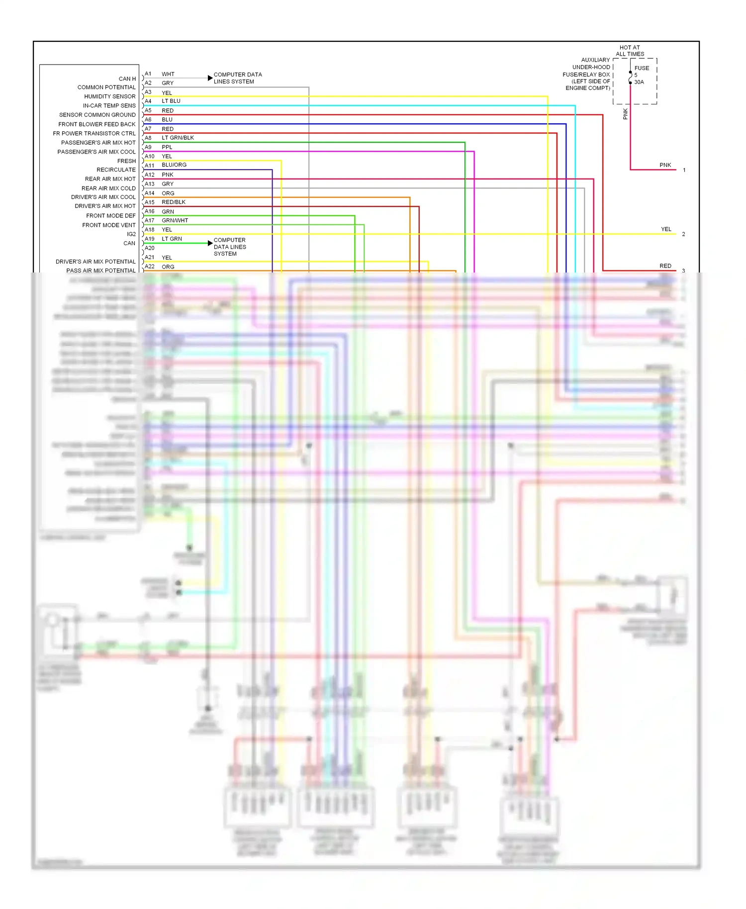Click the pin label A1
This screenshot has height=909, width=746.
pos(148,74)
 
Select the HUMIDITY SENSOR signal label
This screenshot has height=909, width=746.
pos(109,96)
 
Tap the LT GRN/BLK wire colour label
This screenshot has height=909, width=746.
pos(178,138)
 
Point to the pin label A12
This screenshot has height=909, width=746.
pos(150,175)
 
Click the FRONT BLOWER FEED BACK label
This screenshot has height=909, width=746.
pos(97,124)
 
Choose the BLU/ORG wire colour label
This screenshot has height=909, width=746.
pos(174,165)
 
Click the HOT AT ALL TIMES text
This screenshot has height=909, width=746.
pos(630,51)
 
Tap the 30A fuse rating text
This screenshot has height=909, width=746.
pos(639,82)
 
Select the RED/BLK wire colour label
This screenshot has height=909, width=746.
pos(174,202)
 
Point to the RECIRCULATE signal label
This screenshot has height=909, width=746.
pos(116,170)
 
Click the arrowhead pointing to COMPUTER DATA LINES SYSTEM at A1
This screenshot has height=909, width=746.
pos(210,78)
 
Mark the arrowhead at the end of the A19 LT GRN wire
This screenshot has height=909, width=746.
pos(210,243)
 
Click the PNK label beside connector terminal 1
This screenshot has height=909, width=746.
pos(665,165)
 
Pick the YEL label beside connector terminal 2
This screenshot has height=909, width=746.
pos(666,229)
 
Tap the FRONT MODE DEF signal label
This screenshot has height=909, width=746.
pos(110,216)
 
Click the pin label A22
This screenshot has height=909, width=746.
pos(150,267)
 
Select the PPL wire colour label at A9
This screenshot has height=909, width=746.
pos(167,147)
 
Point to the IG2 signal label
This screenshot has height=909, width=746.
pos(131,234)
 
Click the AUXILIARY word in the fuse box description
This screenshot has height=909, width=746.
pos(595,60)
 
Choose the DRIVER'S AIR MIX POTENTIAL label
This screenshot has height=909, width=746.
pos(95,262)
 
